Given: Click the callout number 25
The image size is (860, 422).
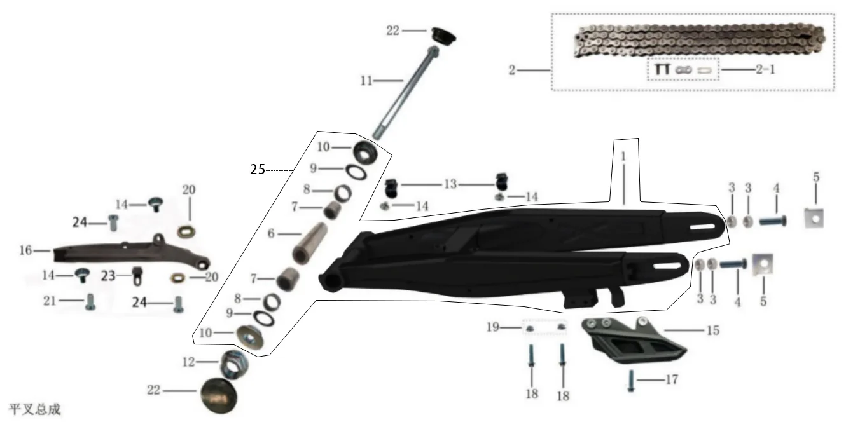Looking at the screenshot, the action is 258,169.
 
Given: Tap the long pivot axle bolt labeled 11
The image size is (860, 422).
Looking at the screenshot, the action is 406,92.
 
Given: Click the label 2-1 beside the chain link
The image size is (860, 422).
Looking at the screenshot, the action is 766,69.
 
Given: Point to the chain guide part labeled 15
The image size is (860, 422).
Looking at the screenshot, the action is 634,340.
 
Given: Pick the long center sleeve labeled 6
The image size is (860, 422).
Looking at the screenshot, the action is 310,243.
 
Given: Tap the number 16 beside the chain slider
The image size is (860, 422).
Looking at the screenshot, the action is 25,250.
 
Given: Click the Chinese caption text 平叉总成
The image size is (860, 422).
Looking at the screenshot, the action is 34,409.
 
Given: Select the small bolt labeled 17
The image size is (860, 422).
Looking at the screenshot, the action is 631,381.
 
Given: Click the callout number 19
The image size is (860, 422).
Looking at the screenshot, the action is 493,327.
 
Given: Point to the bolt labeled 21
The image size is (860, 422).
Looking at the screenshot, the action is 90,302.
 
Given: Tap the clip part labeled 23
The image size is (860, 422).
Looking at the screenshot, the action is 137,276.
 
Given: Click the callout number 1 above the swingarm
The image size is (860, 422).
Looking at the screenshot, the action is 623,156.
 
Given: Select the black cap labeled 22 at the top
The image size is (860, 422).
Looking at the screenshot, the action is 443,36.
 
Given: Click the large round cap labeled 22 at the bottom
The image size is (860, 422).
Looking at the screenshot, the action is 219,395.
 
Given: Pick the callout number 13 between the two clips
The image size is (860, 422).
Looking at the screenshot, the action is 450,184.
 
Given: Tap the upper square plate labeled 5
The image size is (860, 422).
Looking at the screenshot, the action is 815,218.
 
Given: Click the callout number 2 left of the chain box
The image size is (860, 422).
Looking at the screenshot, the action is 512,70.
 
